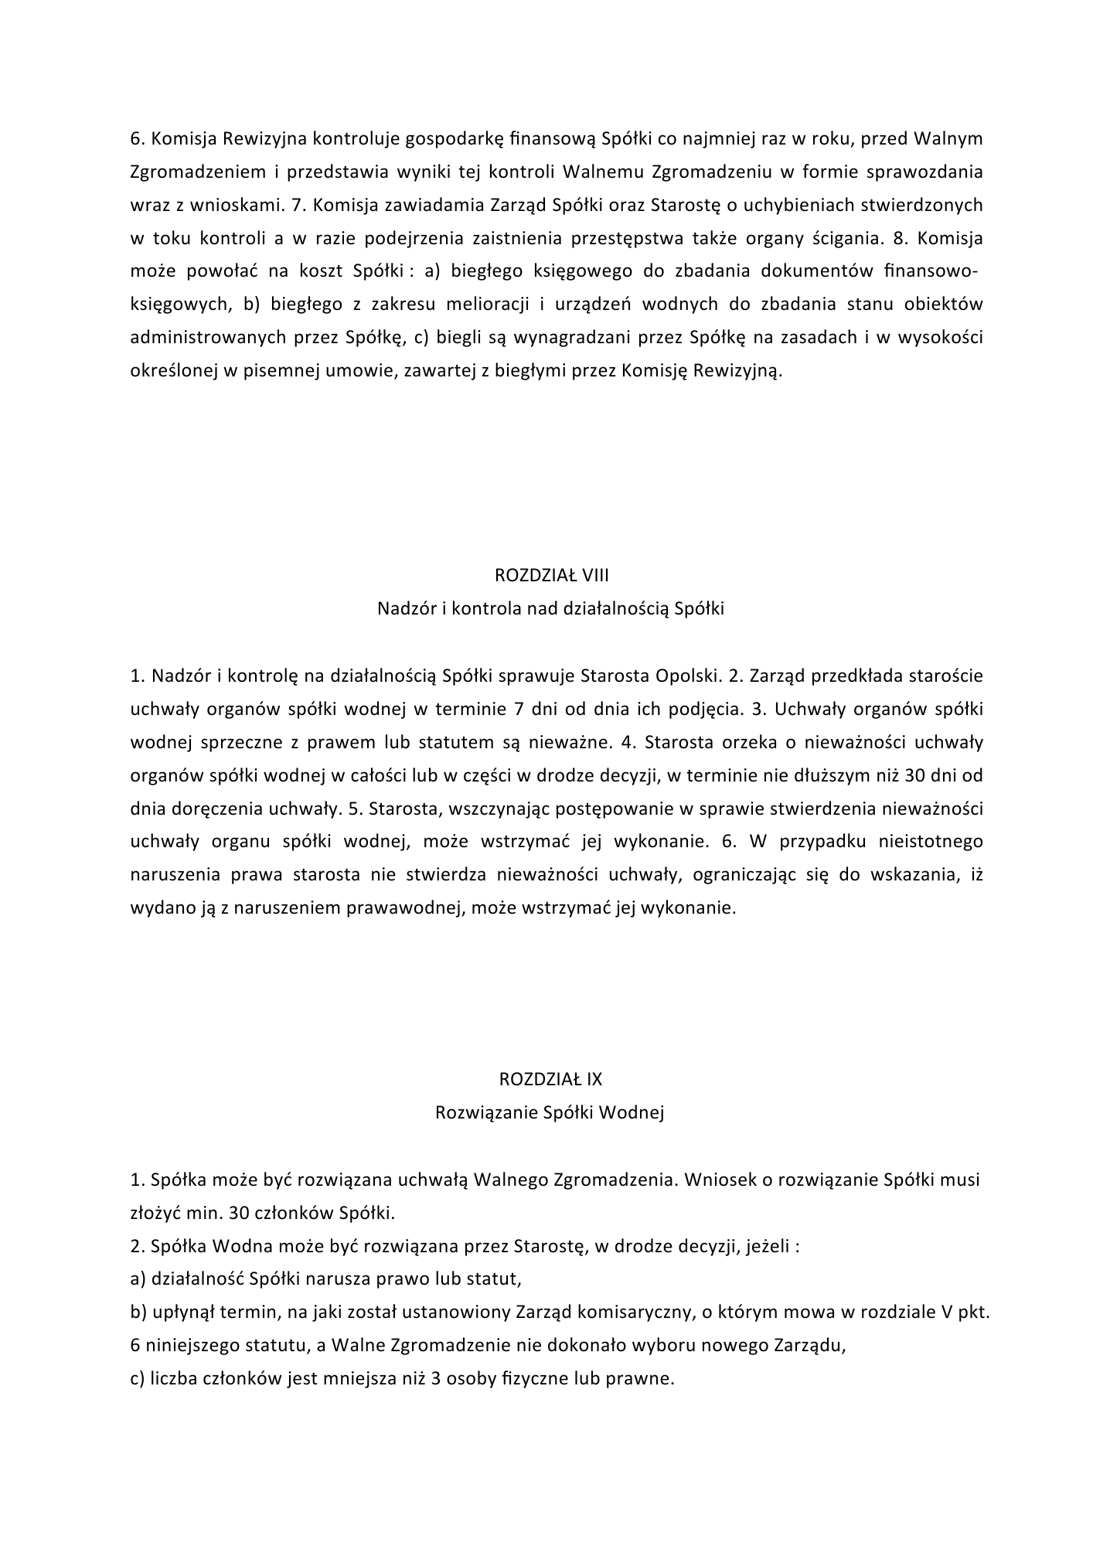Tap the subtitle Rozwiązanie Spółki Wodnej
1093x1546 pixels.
pos(550,1112)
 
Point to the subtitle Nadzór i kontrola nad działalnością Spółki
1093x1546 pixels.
pos(550,608)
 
